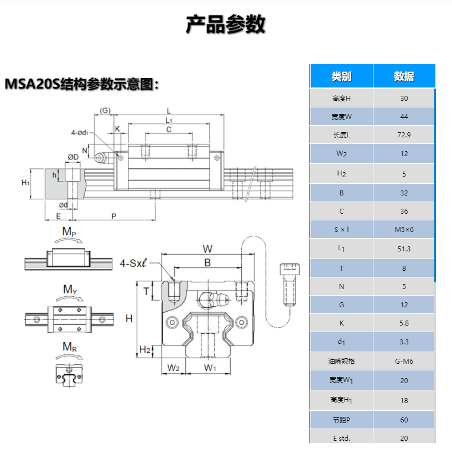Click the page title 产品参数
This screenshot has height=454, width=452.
(226, 24)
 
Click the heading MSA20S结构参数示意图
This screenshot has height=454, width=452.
(82, 84)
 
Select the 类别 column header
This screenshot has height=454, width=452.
(341, 76)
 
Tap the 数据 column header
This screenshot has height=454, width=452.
(404, 76)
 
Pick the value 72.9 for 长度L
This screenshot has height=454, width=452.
(404, 135)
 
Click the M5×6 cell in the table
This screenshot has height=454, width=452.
(404, 230)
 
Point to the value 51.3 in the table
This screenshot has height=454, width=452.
(404, 249)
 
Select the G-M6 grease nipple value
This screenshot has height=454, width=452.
(404, 362)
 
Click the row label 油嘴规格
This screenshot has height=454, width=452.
(341, 362)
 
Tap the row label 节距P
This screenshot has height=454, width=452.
(341, 420)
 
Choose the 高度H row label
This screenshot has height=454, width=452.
(341, 99)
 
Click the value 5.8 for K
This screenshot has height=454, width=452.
(404, 323)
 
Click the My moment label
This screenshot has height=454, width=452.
(70, 289)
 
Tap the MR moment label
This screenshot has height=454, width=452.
(69, 347)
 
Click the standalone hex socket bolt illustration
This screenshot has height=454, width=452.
(289, 284)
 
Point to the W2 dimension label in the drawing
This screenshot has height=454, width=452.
(173, 368)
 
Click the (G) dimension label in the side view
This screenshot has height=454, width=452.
(105, 111)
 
